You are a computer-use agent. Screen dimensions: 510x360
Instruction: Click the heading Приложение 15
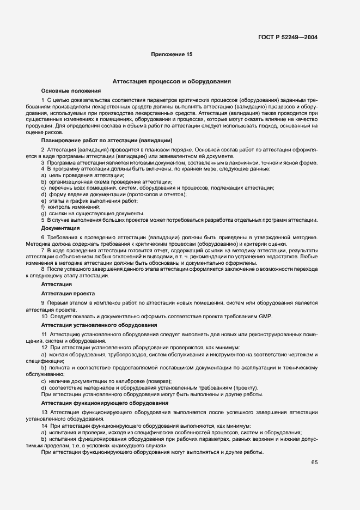(172, 54)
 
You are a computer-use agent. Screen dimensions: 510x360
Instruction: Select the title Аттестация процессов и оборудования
(172, 81)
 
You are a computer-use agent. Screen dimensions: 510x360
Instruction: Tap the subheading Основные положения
(71, 90)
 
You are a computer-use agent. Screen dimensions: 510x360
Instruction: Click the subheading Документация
(60, 228)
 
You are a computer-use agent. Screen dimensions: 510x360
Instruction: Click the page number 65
(314, 463)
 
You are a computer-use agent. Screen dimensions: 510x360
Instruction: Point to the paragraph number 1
(42, 101)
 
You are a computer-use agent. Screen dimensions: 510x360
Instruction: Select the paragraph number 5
(42, 220)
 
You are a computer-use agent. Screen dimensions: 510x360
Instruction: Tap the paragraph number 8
(42, 269)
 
